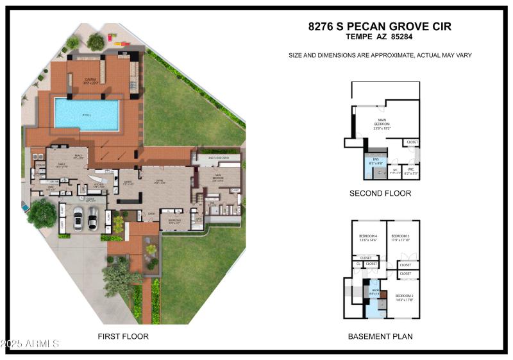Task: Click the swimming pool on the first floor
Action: click(x=87, y=114)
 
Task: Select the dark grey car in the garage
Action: click(x=92, y=218)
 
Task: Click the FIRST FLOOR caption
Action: click(x=123, y=336)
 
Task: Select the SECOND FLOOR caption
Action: click(x=380, y=193)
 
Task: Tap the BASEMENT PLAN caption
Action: click(x=380, y=336)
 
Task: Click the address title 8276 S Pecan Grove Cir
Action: click(x=380, y=26)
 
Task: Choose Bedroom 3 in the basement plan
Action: click(x=400, y=237)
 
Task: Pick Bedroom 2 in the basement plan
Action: click(x=404, y=296)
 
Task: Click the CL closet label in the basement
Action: click(x=358, y=264)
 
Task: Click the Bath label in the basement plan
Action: click(x=374, y=292)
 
